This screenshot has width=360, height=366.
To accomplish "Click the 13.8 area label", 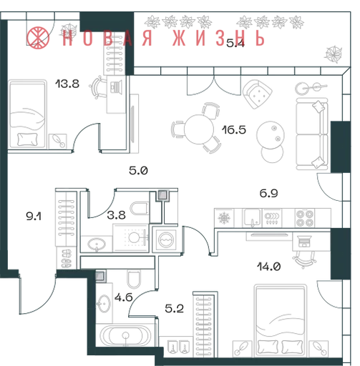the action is (x=67, y=84).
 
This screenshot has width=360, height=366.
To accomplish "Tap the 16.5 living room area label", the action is (x=234, y=130).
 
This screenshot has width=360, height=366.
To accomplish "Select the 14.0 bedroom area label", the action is (x=268, y=267).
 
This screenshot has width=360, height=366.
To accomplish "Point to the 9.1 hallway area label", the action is (x=34, y=217).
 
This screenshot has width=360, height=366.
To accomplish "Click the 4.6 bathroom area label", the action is (x=124, y=297).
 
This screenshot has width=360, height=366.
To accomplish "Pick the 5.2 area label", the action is (x=175, y=309).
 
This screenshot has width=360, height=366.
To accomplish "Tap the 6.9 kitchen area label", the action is (x=268, y=193).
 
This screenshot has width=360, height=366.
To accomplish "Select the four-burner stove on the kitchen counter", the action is (x=305, y=218).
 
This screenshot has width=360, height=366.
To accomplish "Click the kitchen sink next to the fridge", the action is (x=253, y=217).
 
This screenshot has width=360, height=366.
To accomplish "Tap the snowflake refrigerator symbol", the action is (x=224, y=218).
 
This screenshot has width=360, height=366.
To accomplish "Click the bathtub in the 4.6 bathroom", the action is (x=125, y=335).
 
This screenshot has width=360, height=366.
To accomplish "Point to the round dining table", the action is (x=198, y=129).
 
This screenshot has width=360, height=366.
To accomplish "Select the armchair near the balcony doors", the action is (x=257, y=94).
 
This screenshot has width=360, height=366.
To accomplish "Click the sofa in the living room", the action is (x=312, y=134).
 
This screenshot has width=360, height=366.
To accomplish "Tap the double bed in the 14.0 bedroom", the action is (x=281, y=320).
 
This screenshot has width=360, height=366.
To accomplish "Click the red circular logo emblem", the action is (x=38, y=38).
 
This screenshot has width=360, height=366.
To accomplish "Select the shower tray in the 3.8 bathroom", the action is (x=131, y=238).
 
